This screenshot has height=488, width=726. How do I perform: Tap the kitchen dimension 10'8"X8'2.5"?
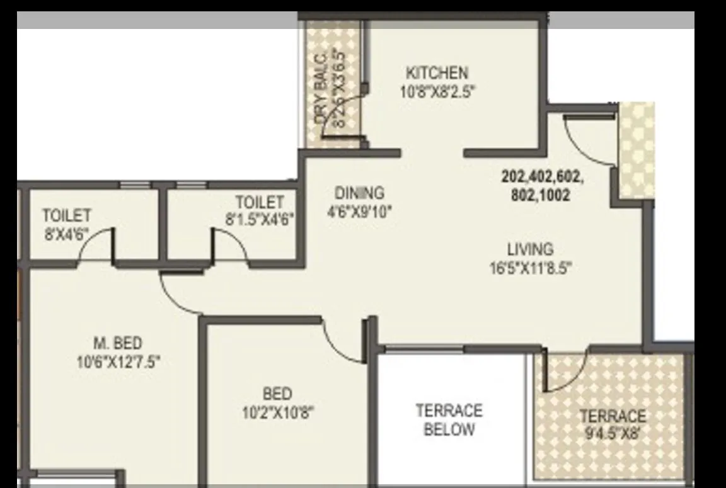point(437,92)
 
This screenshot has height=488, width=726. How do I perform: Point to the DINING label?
point(359,193)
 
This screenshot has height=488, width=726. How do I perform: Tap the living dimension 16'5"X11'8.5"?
point(530,269)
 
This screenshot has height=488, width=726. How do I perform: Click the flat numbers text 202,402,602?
point(542,177)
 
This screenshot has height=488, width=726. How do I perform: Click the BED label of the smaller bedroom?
point(277,394)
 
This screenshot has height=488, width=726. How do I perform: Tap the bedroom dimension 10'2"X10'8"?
point(278,413)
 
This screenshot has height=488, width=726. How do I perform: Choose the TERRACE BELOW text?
point(449,420)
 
